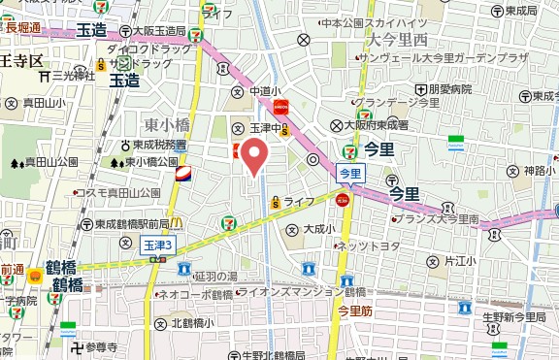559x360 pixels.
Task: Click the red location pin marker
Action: pyautogui.click(x=254, y=155)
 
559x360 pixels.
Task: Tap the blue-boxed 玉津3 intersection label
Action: pyautogui.click(x=157, y=246)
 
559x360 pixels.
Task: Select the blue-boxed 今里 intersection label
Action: pyautogui.click(x=349, y=173)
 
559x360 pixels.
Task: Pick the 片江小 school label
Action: pyautogui.click(x=460, y=261)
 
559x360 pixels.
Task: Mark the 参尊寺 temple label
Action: pyautogui.click(x=100, y=346)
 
